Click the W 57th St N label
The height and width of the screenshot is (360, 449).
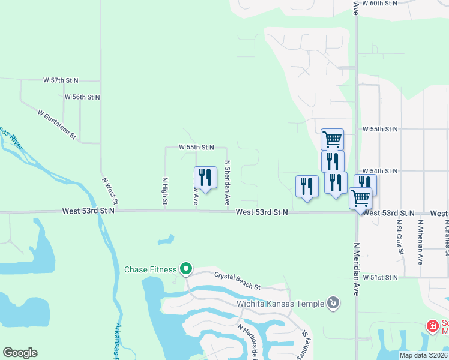pyautogui.click(x=62, y=80)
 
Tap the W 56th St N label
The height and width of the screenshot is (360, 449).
pyautogui.click(x=82, y=97)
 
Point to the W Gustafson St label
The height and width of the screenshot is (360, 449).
pyautogui.click(x=57, y=124)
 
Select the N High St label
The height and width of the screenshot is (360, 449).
pyautogui.click(x=164, y=191)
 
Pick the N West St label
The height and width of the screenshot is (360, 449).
pyautogui.click(x=111, y=189)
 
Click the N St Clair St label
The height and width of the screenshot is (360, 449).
pyautogui.click(x=399, y=237)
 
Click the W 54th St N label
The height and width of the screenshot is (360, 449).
pyautogui.click(x=381, y=171)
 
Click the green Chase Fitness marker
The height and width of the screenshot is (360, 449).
pyautogui.click(x=187, y=269)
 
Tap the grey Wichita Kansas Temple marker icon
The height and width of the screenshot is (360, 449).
pyautogui.click(x=334, y=304)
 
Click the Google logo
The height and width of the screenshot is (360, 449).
pyautogui.click(x=20, y=353)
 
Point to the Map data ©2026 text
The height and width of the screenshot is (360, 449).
pyautogui.click(x=423, y=355)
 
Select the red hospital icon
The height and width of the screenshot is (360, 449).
pyautogui.click(x=432, y=326)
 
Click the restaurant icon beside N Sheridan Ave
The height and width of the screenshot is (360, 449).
pyautogui.click(x=205, y=177)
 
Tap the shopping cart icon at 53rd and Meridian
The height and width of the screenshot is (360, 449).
pyautogui.click(x=360, y=197)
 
